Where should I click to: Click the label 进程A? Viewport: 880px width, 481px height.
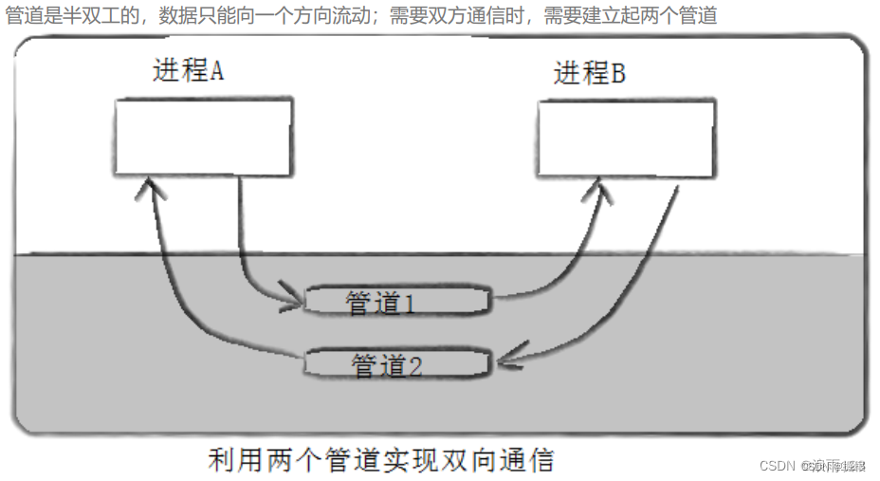(188, 71)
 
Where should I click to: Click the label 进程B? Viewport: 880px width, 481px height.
(589, 74)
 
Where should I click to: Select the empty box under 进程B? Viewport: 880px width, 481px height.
(626, 139)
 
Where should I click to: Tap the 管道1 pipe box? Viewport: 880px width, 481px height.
(396, 302)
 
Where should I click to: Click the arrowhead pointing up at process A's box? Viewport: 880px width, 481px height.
(151, 190)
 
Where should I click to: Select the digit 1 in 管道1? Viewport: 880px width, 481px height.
(410, 304)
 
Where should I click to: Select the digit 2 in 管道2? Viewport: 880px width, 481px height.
(414, 365)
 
